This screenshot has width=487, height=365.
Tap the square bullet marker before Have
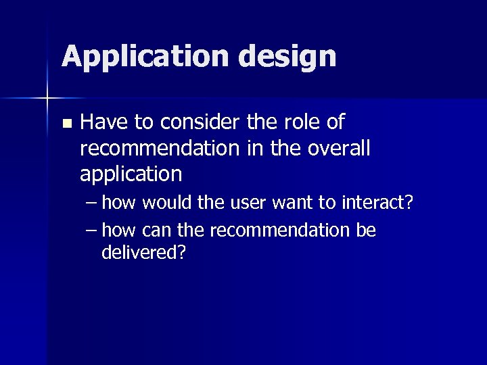(66, 124)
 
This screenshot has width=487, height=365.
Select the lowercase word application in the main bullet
(131, 174)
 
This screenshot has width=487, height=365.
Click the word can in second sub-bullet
(158, 230)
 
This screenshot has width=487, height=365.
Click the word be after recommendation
(366, 230)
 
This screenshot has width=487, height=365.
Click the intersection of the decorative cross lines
(47, 99)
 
